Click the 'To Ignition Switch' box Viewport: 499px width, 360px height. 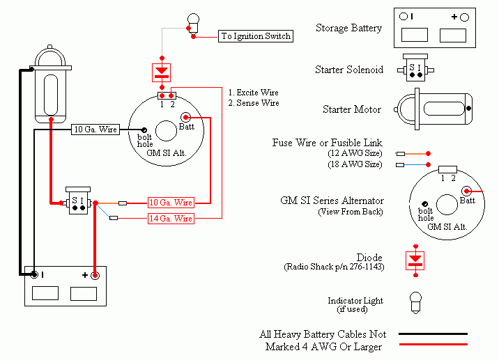(x=256, y=36)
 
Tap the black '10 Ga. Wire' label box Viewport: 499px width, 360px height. (x=95, y=130)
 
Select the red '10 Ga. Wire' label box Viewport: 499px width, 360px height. (x=171, y=203)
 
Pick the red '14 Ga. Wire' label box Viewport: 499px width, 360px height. (x=171, y=219)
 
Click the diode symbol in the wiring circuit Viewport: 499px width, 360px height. (x=162, y=72)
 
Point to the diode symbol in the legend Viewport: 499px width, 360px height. (x=415, y=261)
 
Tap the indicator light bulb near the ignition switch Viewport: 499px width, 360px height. (x=193, y=23)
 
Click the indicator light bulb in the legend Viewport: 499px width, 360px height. (x=415, y=303)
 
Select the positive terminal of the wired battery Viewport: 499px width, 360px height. (x=95, y=276)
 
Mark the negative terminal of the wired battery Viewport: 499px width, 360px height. (x=34, y=274)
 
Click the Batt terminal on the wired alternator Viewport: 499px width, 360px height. (x=185, y=118)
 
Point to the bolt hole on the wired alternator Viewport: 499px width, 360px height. (x=144, y=130)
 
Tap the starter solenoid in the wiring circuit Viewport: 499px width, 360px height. (x=78, y=201)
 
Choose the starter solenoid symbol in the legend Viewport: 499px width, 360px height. (x=415, y=68)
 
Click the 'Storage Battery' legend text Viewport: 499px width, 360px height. (x=348, y=28)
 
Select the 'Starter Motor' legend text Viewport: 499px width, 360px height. (x=352, y=109)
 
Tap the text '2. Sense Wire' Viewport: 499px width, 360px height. (x=254, y=103)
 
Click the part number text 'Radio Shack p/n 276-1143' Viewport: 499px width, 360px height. (x=334, y=267)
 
